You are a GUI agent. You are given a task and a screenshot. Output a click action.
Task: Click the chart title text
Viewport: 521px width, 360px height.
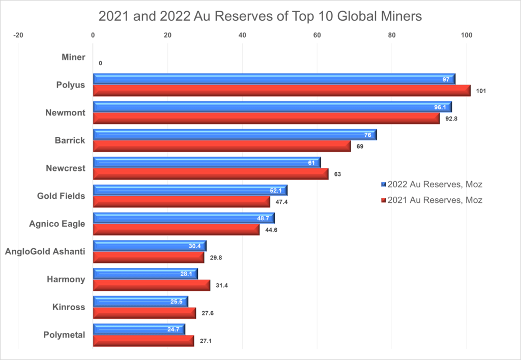[x=260, y=16]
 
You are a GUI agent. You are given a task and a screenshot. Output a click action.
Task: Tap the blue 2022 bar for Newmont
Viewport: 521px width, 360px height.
[x=272, y=107]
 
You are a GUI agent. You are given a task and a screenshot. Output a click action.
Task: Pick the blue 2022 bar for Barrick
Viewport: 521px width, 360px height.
[x=235, y=135]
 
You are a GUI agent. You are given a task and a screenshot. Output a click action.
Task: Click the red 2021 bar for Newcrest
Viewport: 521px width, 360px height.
[x=211, y=174]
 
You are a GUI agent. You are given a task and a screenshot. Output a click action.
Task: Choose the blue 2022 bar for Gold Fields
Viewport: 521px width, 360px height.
[x=190, y=190]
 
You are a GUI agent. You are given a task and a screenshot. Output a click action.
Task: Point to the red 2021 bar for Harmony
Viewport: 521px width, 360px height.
[x=151, y=285]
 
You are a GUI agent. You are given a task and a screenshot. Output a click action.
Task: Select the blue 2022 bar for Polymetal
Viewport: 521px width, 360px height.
[x=139, y=329]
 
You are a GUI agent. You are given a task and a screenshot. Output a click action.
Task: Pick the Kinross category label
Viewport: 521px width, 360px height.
[x=69, y=307]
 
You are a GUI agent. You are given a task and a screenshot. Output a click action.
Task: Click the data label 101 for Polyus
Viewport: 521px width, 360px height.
[x=481, y=92]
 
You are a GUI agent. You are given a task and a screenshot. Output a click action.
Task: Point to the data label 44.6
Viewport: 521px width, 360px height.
[x=271, y=230]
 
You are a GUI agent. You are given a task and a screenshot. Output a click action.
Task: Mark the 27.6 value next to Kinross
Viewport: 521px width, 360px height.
[x=208, y=313]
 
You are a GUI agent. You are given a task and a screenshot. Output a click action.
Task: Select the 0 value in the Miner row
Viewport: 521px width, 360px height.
[x=100, y=63]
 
